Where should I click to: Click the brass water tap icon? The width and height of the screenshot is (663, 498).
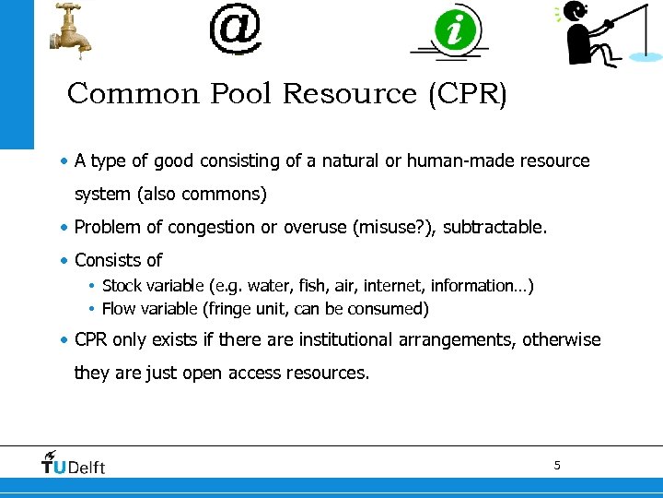click(x=70, y=29)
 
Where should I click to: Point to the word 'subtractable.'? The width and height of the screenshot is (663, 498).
click(x=494, y=227)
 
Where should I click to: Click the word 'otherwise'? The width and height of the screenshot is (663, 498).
click(x=561, y=340)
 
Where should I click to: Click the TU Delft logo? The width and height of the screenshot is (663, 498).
click(x=74, y=463)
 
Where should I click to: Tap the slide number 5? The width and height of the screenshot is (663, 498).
click(x=556, y=465)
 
